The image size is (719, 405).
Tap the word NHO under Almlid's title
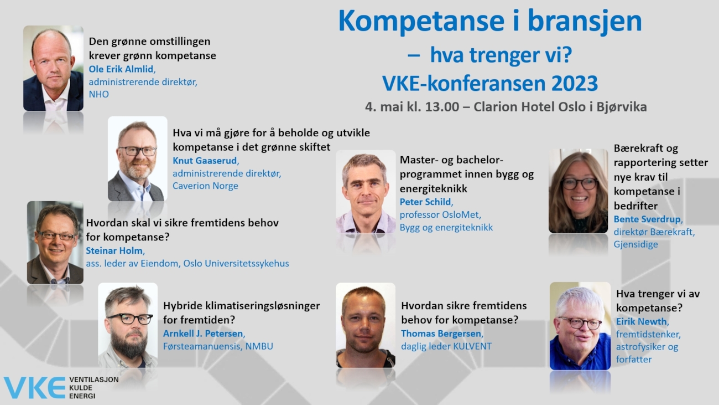coord(99,94)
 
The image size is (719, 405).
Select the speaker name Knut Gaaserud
coord(205,160)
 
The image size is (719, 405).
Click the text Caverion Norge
coord(205,186)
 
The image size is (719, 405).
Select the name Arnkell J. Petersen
coord(204,334)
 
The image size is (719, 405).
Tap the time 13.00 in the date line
coord(442,107)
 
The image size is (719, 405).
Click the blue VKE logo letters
coord(35,388)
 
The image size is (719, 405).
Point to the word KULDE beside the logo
coord(81,388)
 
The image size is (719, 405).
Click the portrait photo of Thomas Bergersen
coord(365,325)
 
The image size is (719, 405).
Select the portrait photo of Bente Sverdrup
coord(578,191)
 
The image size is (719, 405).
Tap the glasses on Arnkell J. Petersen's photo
coord(130,319)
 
